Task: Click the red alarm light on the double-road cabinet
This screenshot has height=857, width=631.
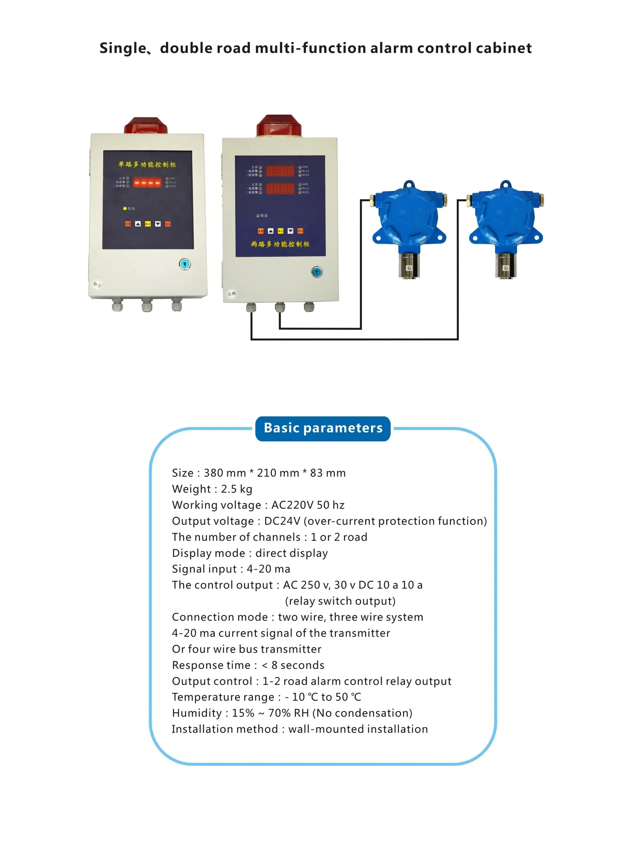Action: [279, 126]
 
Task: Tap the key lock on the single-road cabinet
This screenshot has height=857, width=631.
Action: [185, 264]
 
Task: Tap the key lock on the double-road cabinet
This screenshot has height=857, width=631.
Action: [317, 272]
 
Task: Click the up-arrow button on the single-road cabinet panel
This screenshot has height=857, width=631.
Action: [138, 224]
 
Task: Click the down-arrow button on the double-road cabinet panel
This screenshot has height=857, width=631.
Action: [290, 231]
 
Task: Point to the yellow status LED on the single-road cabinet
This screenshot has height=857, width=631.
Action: [125, 209]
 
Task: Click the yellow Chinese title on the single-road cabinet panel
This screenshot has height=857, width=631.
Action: [147, 164]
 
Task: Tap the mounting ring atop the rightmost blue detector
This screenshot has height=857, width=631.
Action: [506, 185]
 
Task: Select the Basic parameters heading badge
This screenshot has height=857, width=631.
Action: [323, 428]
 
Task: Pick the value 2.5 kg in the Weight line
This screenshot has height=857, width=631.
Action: [236, 489]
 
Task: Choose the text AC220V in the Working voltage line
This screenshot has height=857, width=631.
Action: [292, 505]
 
